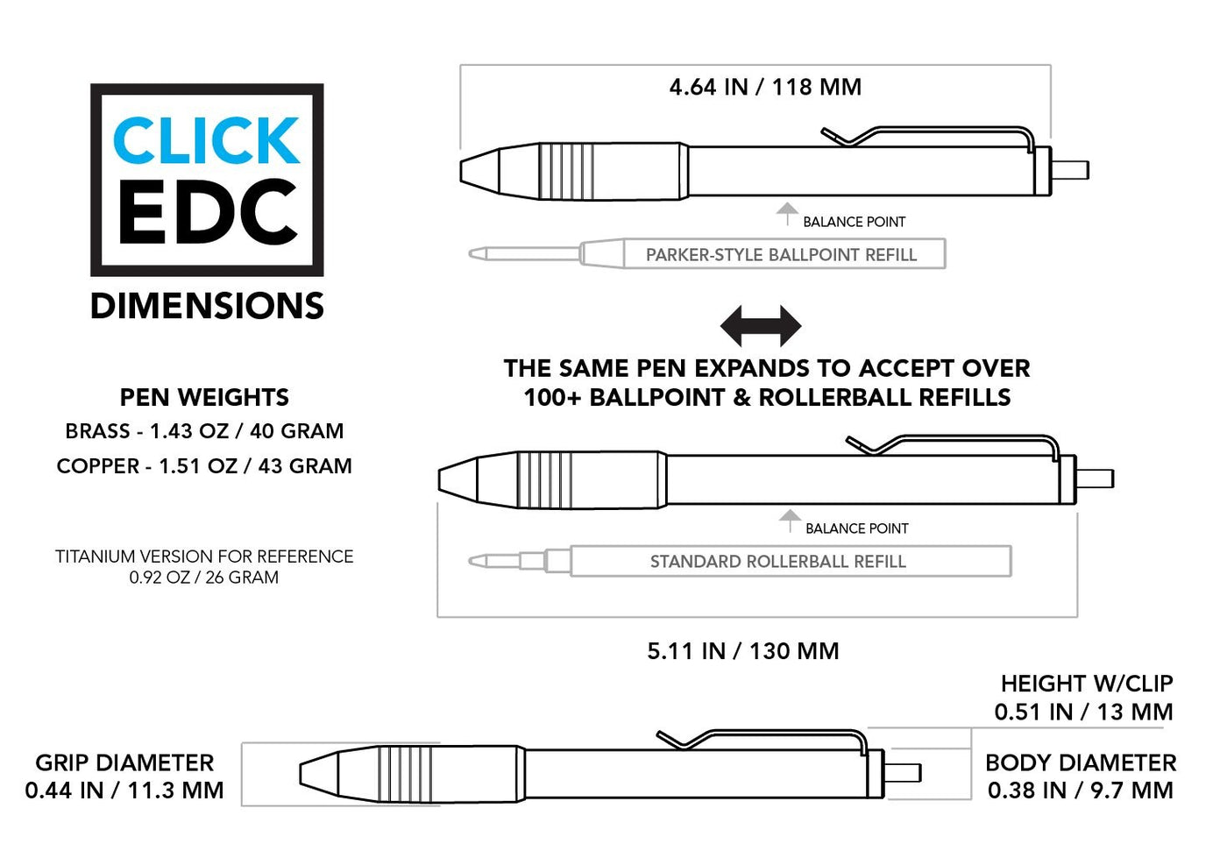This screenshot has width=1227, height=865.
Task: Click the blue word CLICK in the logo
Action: click(207, 141)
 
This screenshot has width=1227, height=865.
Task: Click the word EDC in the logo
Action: click(207, 213)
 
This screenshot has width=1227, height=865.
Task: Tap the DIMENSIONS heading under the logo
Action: click(207, 306)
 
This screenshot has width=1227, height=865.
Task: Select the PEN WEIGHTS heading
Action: click(204, 397)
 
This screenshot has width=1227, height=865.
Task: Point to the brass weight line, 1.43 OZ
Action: click(204, 431)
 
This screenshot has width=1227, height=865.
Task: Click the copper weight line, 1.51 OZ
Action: click(204, 466)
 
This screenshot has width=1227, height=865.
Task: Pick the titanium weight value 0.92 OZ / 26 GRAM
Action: click(204, 578)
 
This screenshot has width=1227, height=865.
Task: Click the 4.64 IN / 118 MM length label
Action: click(765, 87)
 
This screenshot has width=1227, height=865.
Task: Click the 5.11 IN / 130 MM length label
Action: click(743, 651)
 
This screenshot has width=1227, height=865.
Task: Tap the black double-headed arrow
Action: click(760, 326)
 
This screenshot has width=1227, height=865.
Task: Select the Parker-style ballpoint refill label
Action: click(781, 255)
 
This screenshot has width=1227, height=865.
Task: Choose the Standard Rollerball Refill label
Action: click(777, 562)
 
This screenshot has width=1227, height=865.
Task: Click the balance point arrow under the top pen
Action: click(787, 212)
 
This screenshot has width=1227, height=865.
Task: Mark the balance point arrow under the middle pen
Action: click(790, 519)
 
